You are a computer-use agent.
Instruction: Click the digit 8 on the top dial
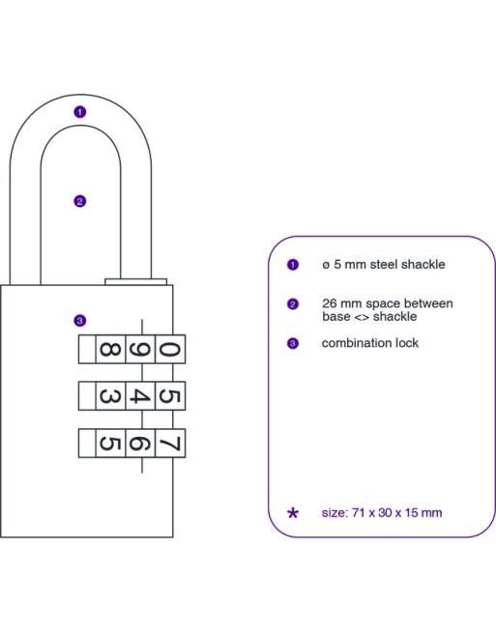110,349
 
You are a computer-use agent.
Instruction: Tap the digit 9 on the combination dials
139,350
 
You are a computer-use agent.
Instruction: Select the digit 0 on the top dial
169,349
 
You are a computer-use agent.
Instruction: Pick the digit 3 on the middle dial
110,396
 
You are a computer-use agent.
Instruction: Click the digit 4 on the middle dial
140,396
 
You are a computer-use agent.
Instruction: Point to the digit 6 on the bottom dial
139,444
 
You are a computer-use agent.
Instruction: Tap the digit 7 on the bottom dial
169,444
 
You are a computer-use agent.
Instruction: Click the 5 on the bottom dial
110,444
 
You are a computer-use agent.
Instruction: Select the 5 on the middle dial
169,396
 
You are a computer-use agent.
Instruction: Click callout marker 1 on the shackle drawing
80,112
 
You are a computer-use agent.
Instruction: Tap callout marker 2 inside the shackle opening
80,201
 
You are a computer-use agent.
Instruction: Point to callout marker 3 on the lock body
80,321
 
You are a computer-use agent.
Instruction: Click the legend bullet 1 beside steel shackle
293,265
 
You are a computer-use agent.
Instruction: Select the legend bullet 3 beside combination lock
293,343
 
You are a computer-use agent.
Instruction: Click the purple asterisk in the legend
293,513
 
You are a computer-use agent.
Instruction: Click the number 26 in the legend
330,303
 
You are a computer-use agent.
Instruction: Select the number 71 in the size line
359,513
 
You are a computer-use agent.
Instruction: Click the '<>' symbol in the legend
362,317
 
